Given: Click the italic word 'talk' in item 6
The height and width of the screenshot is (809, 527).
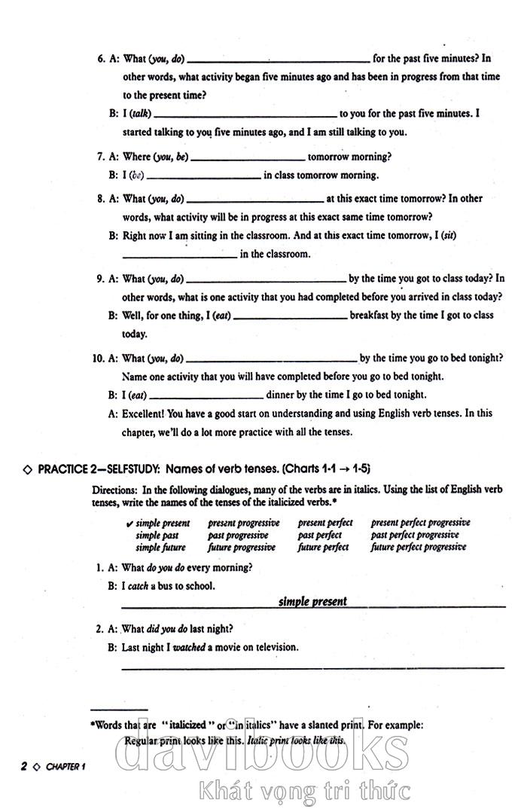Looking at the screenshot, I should click(x=141, y=114).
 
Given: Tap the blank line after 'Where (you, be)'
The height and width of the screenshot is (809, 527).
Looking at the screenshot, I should click(x=248, y=157).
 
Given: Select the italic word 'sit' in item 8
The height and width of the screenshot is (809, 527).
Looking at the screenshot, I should click(x=449, y=236).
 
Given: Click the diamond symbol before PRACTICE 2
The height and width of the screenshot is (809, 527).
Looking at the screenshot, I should click(x=28, y=469).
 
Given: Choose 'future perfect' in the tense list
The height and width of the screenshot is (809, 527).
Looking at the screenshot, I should click(x=323, y=548).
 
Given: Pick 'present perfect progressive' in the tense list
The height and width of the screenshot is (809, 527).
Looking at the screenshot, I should click(x=420, y=523).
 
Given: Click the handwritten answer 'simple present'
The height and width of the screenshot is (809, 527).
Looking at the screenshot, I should click(x=312, y=601).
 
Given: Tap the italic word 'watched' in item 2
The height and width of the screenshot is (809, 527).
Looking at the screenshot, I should click(x=189, y=647).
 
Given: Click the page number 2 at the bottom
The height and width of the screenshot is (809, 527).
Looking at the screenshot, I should click(x=24, y=767).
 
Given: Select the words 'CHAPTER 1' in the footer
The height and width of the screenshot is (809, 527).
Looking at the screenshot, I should click(x=66, y=768).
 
